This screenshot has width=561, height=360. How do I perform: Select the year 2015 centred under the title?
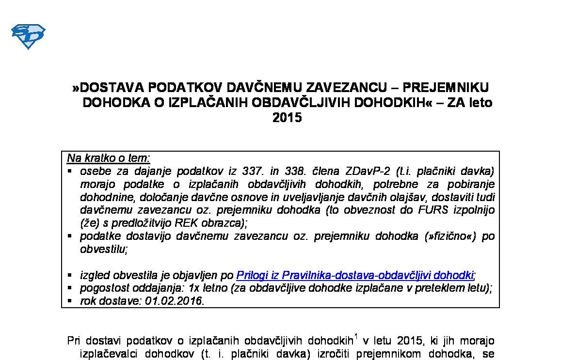pos(287,118)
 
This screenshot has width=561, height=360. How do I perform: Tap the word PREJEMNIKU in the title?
pos(447,87)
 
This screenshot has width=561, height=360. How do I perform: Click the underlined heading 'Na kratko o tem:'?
pos(109,158)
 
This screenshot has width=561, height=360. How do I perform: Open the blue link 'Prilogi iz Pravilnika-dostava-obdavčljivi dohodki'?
pos(354,275)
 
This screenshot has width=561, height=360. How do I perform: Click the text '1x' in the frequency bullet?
pos(194,288)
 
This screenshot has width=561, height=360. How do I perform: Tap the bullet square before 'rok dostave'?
pos(70,300)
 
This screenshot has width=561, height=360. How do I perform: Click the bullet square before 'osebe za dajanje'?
pos(70,171)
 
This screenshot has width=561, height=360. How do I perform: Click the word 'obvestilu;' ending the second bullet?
pos(104,249)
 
